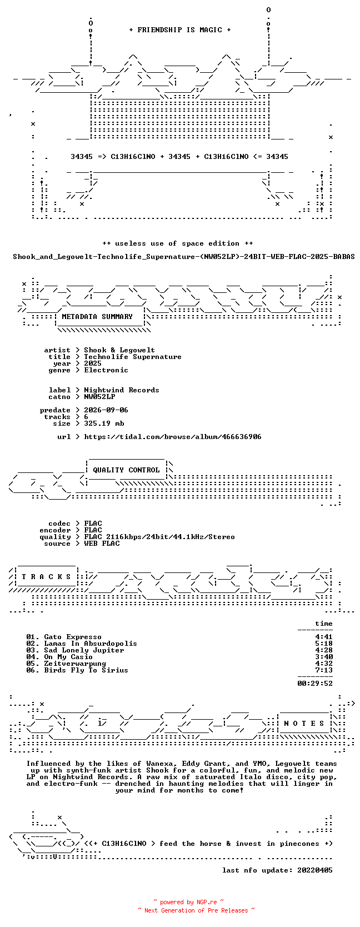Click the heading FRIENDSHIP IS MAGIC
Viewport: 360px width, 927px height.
point(180,30)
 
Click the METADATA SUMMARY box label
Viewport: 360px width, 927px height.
point(97,317)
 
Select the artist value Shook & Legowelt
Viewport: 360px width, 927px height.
point(119,350)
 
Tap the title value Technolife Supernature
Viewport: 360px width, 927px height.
point(133,357)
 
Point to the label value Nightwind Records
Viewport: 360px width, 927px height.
point(122,390)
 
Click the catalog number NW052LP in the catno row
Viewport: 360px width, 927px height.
point(100,396)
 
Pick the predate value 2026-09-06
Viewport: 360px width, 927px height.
point(106,410)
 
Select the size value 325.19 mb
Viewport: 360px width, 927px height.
point(104,423)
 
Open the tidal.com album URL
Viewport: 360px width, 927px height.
point(173,437)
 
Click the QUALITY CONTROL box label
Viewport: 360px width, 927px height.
point(126,470)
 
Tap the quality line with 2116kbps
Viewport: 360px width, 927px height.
point(160,537)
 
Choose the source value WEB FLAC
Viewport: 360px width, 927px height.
point(102,544)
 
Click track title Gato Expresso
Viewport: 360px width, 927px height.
point(73,637)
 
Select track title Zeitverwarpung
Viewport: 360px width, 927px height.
point(76,664)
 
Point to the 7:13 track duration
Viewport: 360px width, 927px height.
point(324,670)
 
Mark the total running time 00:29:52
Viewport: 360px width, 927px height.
point(315,683)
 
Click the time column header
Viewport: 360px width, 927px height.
point(324,624)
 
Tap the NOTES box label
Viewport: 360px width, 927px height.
point(304,724)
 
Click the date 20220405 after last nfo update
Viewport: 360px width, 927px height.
point(315,870)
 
